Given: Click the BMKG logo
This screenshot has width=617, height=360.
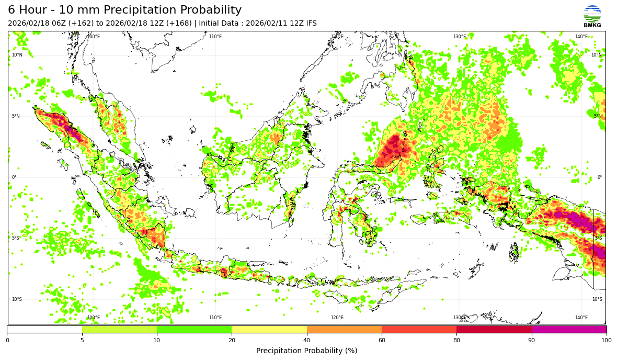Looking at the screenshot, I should tap(592, 16).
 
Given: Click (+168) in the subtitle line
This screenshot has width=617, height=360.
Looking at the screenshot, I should tap(179, 24).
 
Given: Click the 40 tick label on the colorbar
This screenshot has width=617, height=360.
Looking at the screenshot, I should tap(307, 341).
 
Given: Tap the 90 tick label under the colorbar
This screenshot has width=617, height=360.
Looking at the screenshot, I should tap(532, 341).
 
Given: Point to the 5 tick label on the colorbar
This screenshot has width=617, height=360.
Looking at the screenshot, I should tap(82, 341).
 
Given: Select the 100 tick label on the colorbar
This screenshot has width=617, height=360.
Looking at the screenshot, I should tap(607, 341).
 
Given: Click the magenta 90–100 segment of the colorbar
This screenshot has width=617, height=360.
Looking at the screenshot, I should tap(569, 330).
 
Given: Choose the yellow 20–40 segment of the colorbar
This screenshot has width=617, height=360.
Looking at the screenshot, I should tap(269, 330).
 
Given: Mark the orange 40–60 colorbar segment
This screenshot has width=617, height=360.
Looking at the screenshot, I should tap(344, 330).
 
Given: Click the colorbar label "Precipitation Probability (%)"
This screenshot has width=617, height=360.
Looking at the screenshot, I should tap(307, 351).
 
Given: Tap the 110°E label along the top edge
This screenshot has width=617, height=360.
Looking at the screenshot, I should tap(215, 37).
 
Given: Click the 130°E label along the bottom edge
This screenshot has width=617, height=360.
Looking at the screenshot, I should tap(459, 318).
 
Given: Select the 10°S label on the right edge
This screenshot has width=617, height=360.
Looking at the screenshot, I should tap(597, 299).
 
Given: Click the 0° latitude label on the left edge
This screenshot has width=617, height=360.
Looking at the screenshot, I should tap(14, 177).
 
